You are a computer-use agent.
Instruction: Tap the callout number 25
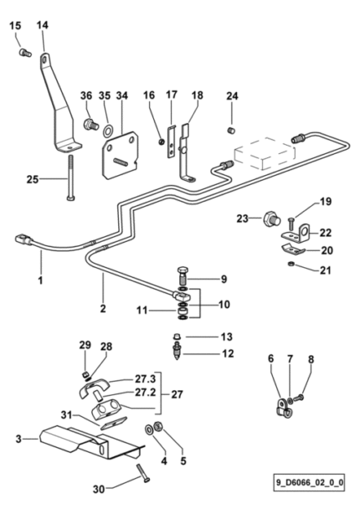click(x=33, y=179)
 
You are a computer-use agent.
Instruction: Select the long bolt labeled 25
click(x=70, y=177)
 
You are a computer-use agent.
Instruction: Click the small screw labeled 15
click(x=25, y=52)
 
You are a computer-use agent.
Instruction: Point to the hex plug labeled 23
click(x=272, y=219)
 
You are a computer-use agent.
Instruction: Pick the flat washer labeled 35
click(x=108, y=131)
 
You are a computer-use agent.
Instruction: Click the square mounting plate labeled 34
click(x=121, y=155)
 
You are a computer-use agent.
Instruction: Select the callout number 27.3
click(x=146, y=379)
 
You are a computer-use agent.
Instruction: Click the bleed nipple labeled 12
click(x=177, y=351)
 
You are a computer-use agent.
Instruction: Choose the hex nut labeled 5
click(x=158, y=426)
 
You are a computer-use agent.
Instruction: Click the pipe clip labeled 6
click(x=282, y=408)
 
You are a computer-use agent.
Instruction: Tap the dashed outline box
click(x=265, y=153)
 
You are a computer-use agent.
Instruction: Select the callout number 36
click(x=86, y=95)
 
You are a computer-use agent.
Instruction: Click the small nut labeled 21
click(x=291, y=264)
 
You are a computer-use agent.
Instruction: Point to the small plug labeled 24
click(x=231, y=131)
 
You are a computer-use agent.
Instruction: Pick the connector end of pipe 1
click(x=23, y=240)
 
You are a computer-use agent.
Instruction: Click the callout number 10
click(x=224, y=305)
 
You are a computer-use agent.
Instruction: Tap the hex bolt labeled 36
click(x=91, y=124)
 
